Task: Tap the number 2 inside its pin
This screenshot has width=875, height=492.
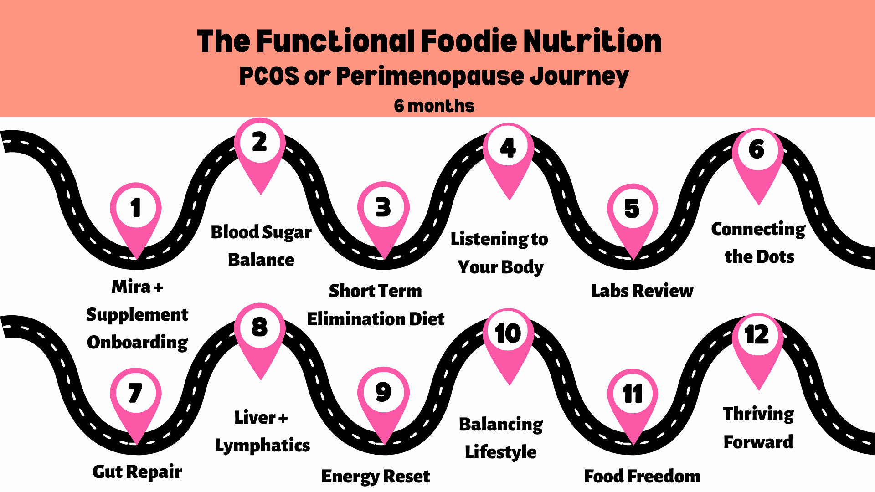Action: [x=260, y=142]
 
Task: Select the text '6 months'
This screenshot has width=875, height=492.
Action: [x=434, y=106]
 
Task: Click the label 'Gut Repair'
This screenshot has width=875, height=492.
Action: [x=137, y=472]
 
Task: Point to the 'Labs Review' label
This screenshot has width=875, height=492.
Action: [x=642, y=291]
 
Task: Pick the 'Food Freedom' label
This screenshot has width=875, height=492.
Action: [x=642, y=477]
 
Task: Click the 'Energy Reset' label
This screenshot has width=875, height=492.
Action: [x=376, y=477]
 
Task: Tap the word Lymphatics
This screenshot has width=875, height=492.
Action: [x=262, y=446]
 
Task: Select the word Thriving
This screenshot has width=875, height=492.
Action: [x=758, y=414]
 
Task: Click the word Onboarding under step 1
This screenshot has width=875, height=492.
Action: [x=137, y=343]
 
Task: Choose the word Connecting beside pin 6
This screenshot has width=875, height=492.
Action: [x=758, y=229]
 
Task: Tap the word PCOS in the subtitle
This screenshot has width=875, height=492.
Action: [x=269, y=76]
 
